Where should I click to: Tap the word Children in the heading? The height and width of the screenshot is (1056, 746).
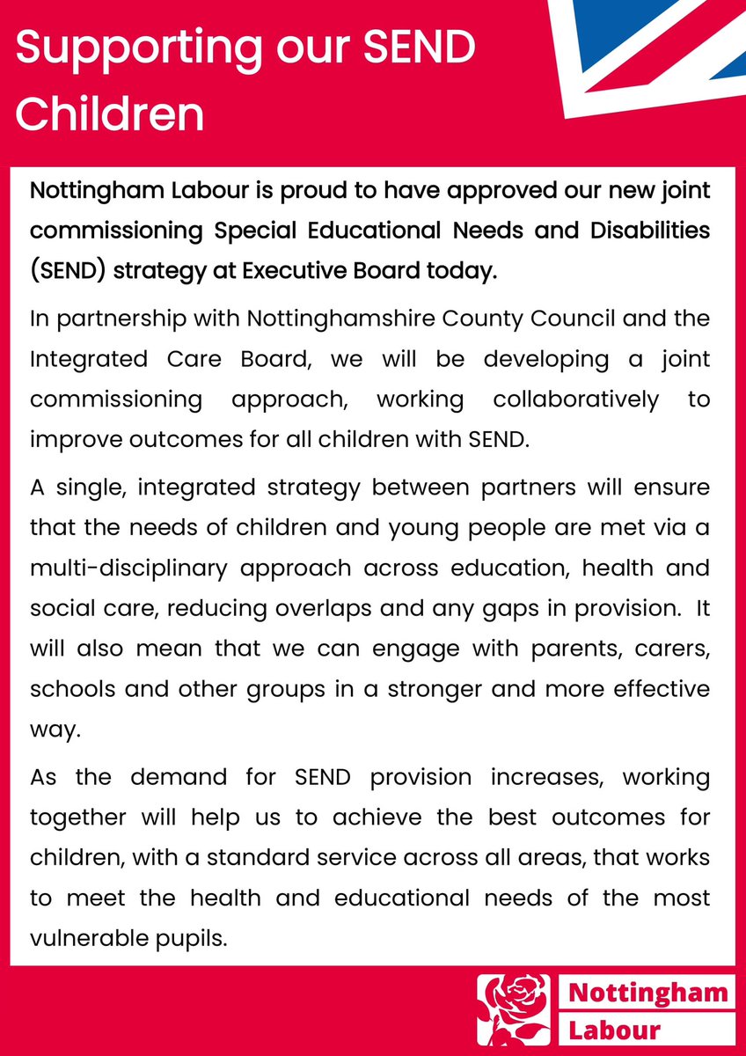point(110,114)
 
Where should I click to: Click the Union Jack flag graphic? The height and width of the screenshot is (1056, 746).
point(651,53)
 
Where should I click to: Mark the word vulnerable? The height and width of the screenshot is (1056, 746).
point(85,937)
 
